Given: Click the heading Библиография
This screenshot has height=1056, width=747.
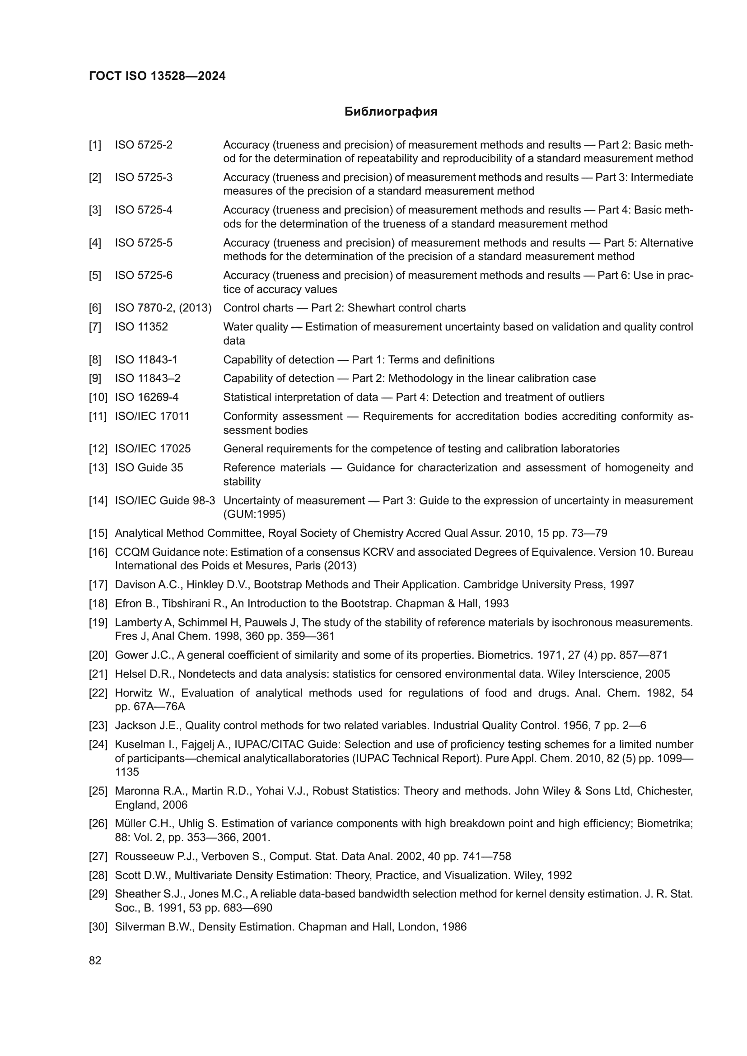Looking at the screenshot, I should point(391,112).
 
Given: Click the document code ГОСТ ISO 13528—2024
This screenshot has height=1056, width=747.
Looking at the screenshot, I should point(157,76).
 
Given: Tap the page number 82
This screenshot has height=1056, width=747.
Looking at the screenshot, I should point(95,960).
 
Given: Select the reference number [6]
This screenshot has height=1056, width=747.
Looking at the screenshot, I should point(95,308).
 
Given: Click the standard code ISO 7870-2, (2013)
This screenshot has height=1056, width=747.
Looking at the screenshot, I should point(163,308).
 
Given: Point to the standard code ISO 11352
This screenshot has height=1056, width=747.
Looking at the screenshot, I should point(141,327).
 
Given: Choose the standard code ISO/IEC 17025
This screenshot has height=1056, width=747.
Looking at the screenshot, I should point(153,449).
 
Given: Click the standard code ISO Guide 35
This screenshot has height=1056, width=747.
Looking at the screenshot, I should point(149,468).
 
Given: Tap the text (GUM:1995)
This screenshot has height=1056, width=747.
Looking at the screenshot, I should point(254,514).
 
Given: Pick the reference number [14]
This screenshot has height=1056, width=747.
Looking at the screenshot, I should point(98,500).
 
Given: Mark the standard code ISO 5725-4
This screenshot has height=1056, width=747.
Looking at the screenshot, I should point(144,210).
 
